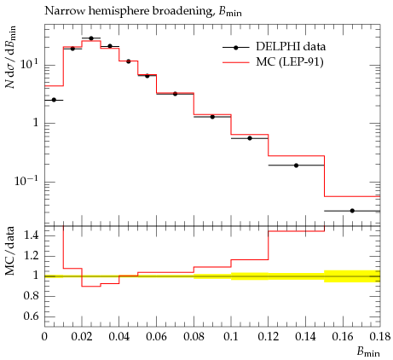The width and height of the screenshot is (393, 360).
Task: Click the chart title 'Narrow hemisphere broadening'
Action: (x=128, y=11)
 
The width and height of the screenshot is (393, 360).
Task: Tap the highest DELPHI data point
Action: (x=91, y=38)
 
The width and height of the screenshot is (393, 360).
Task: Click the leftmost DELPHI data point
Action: (x=54, y=100)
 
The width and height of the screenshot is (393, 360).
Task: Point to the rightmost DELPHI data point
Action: (x=352, y=211)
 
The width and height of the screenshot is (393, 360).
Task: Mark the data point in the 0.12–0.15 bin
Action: (x=296, y=165)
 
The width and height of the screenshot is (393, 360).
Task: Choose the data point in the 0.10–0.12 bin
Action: (x=250, y=138)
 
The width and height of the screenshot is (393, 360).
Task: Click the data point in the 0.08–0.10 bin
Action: (x=212, y=117)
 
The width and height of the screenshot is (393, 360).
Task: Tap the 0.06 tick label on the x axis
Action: (x=156, y=337)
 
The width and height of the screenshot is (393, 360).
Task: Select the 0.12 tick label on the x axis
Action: (x=269, y=337)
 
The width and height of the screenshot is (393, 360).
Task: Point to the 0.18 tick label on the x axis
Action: (x=380, y=337)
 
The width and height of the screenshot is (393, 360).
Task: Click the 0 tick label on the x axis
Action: (x=44, y=337)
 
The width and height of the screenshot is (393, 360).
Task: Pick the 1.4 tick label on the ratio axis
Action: (x=32, y=235)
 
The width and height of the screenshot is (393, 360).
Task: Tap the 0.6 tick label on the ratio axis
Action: (x=32, y=316)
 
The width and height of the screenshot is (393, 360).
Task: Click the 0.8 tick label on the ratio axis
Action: (x=32, y=296)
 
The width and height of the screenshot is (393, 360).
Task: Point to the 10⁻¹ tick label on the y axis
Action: (x=26, y=181)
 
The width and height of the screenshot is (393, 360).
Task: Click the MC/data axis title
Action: (x=10, y=251)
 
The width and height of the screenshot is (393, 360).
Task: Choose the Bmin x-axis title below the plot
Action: (x=368, y=352)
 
